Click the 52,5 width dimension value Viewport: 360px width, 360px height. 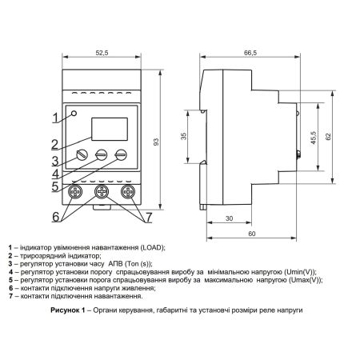tap(102, 53)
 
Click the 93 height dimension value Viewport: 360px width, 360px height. tap(157, 142)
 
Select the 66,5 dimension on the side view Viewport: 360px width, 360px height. tap(250, 53)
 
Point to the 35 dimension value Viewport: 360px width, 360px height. tap(184, 136)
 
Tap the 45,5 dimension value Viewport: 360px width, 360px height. tap(314, 138)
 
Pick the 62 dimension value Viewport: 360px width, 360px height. tap(328, 137)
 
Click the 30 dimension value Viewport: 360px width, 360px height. tap(230, 218)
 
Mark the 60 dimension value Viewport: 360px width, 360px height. tap(252, 234)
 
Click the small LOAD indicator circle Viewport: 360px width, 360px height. tap(74, 114)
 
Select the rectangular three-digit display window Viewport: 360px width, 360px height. tap(110, 129)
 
